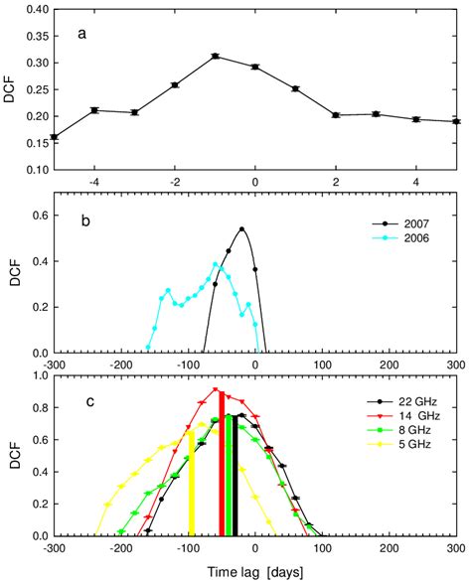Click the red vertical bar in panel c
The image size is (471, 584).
(x=222, y=462)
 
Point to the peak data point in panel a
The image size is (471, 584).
(x=215, y=56)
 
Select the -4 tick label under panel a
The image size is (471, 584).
(x=93, y=183)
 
